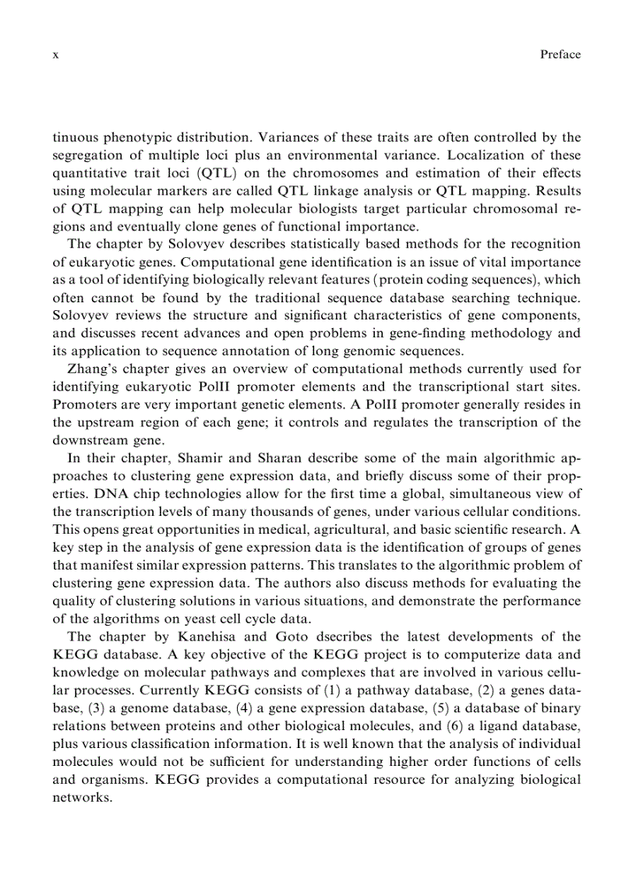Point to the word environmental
(x=429, y=155)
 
